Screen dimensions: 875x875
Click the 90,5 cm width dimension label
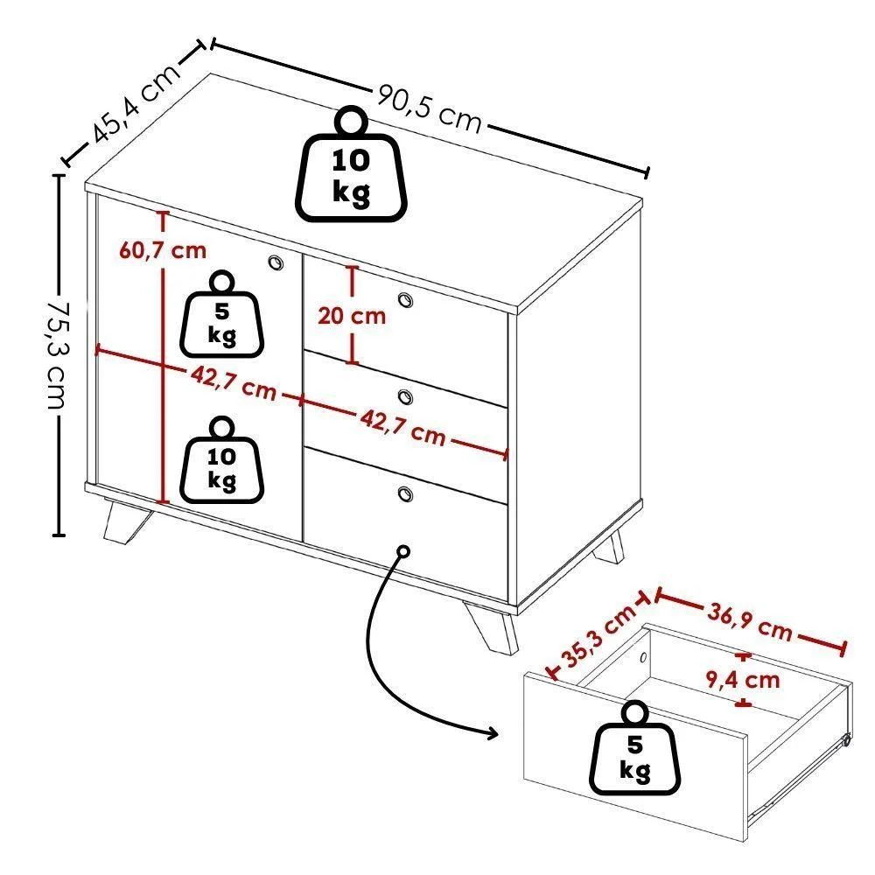[429, 109]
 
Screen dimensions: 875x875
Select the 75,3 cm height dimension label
[57, 355]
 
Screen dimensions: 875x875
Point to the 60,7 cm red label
[163, 250]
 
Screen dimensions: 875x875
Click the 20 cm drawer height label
[352, 317]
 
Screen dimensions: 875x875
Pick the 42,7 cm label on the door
[234, 383]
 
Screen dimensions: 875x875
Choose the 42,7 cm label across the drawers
[402, 426]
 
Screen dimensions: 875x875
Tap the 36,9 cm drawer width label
[750, 620]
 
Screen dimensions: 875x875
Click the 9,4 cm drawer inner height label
[743, 680]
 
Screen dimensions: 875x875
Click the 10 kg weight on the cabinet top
[352, 164]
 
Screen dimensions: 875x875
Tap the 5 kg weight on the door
[221, 313]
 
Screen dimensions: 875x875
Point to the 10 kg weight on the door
[221, 460]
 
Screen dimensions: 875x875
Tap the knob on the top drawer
[406, 299]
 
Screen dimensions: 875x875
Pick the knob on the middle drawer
[406, 396]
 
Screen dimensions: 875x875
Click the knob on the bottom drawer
[406, 493]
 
